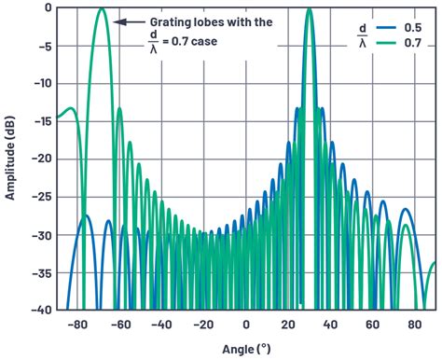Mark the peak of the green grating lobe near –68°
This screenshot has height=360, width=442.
[102, 8]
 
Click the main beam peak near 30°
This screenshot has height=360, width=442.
[308, 8]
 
